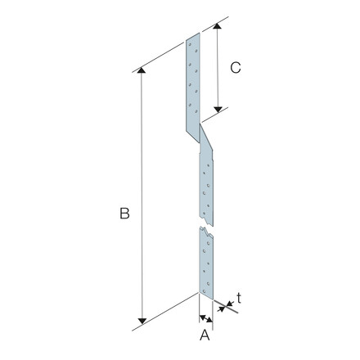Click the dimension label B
[124, 214]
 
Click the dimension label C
[236, 68]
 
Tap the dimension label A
[205, 335]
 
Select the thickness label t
[239, 298]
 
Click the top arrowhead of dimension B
[141, 70]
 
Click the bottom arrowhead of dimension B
[142, 321]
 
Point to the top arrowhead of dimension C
[217, 26]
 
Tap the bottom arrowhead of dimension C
[218, 110]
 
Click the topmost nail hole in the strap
[191, 44]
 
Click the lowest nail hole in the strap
[204, 291]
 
